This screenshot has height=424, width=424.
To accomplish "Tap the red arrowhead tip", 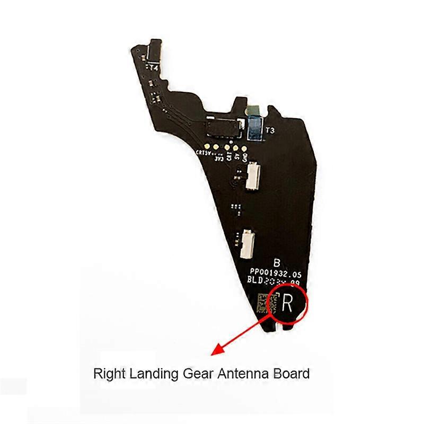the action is click(x=213, y=354).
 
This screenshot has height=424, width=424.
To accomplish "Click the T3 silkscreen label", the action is click(x=269, y=130).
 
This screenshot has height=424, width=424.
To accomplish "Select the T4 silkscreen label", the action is click(x=154, y=68).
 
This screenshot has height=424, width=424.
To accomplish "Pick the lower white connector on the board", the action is click(x=247, y=244).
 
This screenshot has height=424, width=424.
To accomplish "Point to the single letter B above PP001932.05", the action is click(x=276, y=263).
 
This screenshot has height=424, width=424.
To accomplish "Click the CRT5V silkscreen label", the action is click(x=204, y=153).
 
